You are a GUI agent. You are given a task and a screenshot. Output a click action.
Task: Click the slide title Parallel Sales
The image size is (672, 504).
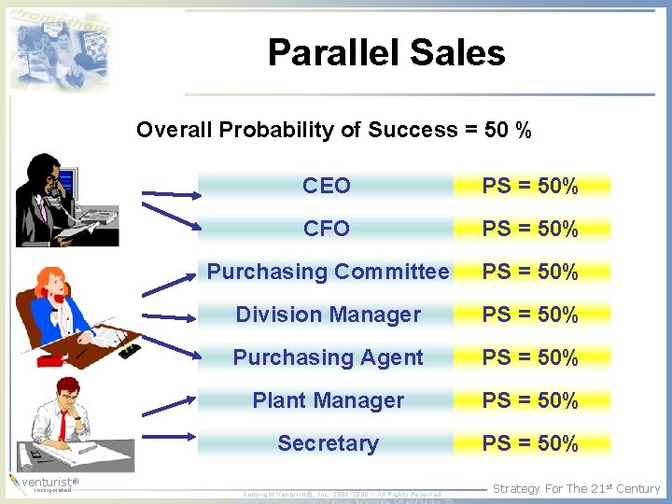point(386,53)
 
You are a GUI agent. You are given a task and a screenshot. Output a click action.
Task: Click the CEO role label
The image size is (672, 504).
point(327,186)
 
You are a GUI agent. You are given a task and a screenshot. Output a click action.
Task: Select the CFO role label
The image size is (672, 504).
point(327,229)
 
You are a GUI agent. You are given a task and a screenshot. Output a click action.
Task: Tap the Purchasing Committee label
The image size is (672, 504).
point(328,272)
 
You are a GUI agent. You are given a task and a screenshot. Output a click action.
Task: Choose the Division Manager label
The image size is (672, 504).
point(328,315)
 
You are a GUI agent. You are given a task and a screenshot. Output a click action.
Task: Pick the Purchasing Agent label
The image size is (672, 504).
point(328,357)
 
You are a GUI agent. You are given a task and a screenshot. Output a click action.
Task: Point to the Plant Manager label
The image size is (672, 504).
point(328,400)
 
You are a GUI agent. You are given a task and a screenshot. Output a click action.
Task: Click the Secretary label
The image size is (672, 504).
point(328,443)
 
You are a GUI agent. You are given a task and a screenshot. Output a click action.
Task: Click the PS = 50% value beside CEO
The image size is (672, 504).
point(530,186)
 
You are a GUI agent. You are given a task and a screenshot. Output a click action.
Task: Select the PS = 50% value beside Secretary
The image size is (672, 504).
point(530,443)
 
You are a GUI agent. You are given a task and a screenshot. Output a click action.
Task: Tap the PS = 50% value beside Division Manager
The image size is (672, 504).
point(530,315)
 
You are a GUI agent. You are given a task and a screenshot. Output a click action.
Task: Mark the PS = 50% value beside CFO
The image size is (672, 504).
point(530,229)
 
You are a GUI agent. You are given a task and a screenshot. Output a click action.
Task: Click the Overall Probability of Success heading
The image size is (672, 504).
point(334,130)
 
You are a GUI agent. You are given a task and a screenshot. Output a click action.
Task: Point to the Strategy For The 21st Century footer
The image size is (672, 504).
point(576,488)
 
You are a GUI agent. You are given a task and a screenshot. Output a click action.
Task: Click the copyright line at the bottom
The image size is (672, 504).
point(341,494)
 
